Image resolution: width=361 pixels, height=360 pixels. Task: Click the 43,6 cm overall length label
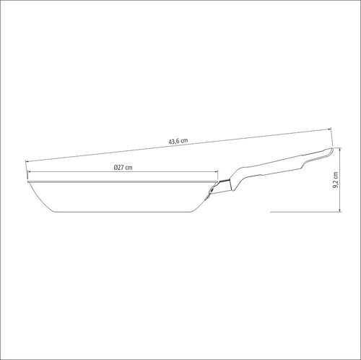tap(178, 141)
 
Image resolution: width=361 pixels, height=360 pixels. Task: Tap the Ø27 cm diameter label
tap(123, 168)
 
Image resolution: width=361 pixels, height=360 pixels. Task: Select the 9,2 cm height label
tap(336, 180)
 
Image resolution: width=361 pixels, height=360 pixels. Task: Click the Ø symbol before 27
tap(116, 168)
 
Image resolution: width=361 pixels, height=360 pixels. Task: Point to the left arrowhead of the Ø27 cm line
tap(30, 171)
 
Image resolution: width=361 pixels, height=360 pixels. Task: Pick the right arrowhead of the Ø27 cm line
tap(216, 171)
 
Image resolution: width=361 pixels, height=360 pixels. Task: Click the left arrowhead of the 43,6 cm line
tap(27, 161)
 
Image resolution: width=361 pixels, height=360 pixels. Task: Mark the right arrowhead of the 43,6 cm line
tap(330, 129)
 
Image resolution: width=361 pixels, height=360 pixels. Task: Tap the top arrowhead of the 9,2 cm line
tap(340, 149)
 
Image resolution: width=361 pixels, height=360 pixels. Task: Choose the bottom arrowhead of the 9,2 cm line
tap(340, 210)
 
